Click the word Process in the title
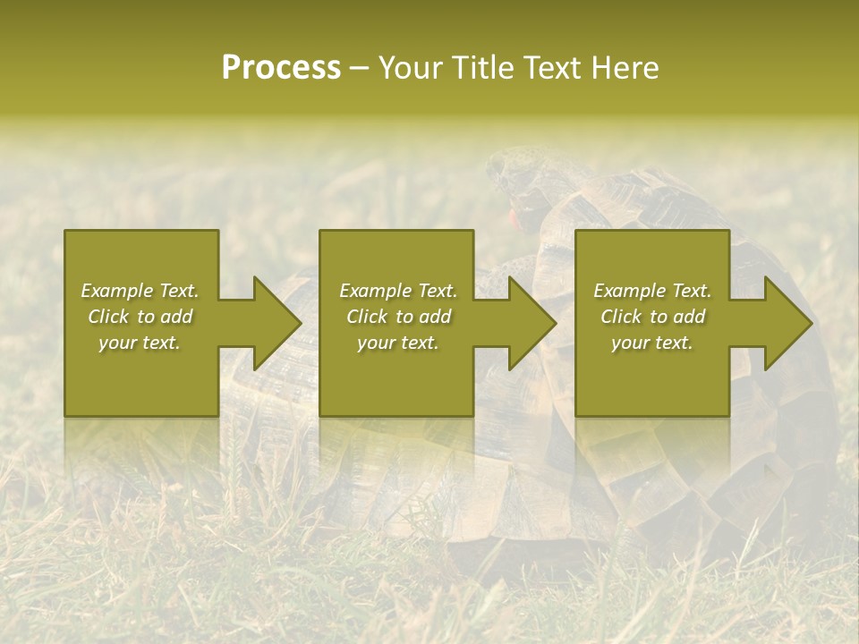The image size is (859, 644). point(281,68)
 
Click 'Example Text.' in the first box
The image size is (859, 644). point(140,291)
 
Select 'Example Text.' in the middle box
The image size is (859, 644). point(397,291)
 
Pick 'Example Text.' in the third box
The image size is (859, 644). point(652,291)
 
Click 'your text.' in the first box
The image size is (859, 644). point(140,343)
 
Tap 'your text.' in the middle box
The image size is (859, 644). point(397,343)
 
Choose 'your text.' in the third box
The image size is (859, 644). point(652,343)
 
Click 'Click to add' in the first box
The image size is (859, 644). point(140,317)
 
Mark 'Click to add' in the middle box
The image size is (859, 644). point(397,317)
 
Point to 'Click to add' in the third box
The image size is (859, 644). point(652,317)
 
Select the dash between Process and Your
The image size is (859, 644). point(360,68)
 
